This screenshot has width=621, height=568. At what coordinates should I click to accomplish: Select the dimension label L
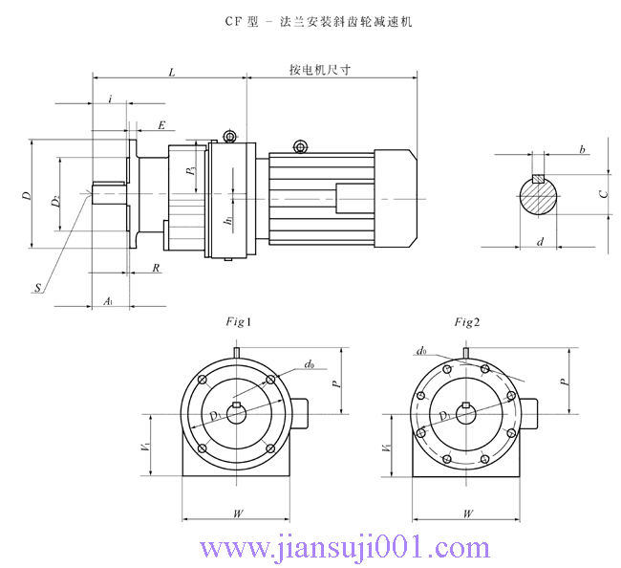[x=171, y=72]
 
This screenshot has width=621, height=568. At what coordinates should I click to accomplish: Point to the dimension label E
[x=161, y=125]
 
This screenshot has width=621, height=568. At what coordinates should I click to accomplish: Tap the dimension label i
[x=111, y=99]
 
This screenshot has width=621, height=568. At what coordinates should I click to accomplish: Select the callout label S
[x=37, y=287]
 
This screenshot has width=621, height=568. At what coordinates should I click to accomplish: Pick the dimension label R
[x=156, y=269]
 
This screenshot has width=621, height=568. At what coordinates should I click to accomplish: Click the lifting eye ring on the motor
[x=300, y=146]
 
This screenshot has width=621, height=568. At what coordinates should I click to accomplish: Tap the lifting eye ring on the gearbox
[x=229, y=136]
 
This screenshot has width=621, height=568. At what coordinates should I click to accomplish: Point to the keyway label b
[x=582, y=150]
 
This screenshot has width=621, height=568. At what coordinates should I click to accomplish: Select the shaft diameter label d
[x=540, y=243]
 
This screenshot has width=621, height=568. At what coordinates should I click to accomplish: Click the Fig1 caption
[x=238, y=322]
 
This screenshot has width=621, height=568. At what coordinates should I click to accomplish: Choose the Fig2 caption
[x=466, y=322]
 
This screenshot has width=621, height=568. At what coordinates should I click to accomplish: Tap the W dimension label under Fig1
[x=238, y=513]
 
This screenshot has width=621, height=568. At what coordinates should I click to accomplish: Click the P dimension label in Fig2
[x=564, y=380]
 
